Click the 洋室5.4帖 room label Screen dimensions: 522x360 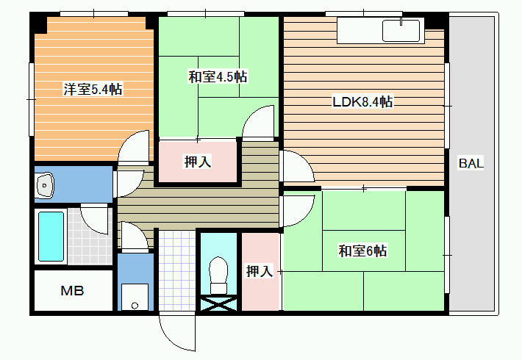tap(93, 89)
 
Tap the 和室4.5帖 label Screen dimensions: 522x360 tap(218, 77)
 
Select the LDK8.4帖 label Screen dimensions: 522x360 tap(362, 101)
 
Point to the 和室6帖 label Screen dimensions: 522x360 tap(362, 251)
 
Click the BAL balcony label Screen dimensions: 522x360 tap(471, 163)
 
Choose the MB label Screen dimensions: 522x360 tap(72, 291)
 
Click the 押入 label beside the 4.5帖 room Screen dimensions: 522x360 tap(198, 162)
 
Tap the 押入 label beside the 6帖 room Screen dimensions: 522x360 tap(260, 271)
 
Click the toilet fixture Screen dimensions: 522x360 tap(218, 276)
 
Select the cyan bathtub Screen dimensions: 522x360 tap(51, 237)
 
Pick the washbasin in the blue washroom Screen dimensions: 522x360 tap(45, 185)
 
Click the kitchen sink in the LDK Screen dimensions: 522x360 tap(401, 31)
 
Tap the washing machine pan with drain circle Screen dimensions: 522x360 tap(135, 297)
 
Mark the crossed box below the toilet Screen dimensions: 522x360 tap(218, 303)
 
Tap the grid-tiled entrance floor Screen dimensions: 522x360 tap(176, 270)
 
